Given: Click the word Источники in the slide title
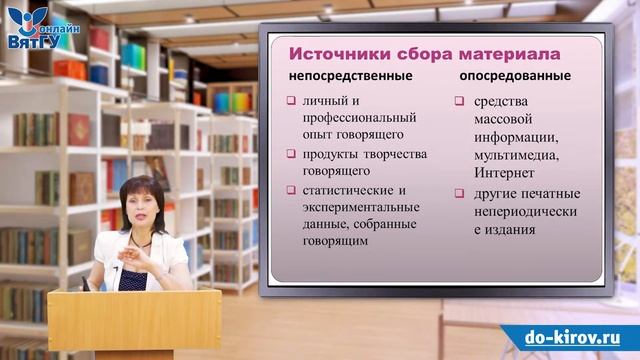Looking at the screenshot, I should tap(333, 52).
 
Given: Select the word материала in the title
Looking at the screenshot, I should tap(504, 52).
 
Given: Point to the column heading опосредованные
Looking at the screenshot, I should tap(514, 76).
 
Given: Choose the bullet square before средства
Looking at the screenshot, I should tap(458, 101).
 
